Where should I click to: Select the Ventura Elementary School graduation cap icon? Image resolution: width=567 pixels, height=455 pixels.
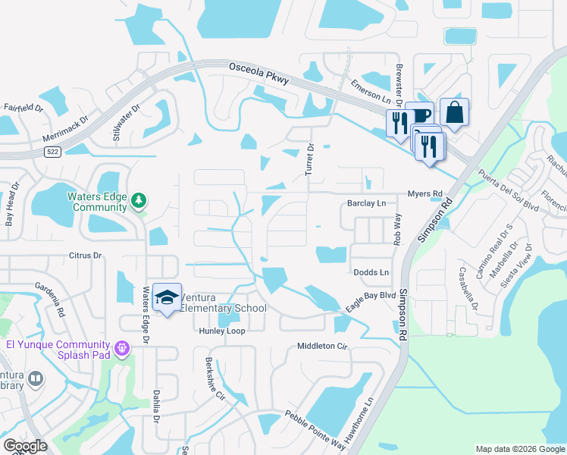coord(167,297)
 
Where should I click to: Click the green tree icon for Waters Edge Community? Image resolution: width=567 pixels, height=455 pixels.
coord(138,201)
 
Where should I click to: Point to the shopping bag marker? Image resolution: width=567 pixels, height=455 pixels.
coord(454,112)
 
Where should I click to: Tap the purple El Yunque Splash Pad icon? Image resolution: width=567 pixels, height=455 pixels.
coord(123,348)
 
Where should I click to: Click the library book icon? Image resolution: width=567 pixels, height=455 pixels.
coord(35,378)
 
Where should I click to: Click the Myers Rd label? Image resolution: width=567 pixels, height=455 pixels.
coord(424,194)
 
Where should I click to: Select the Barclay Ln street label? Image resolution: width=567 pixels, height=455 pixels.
coord(366,203)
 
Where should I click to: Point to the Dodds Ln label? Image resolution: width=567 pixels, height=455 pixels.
coord(371,272)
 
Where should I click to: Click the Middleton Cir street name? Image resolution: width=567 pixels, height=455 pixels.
coord(321,346)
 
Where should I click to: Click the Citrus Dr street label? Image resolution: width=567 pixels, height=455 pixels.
coord(85,256)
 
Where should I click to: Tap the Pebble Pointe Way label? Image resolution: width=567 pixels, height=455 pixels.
coord(315,430)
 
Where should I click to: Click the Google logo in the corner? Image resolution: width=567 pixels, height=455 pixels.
coord(25,446)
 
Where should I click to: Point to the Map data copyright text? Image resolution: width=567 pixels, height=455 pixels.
coord(519,449)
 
